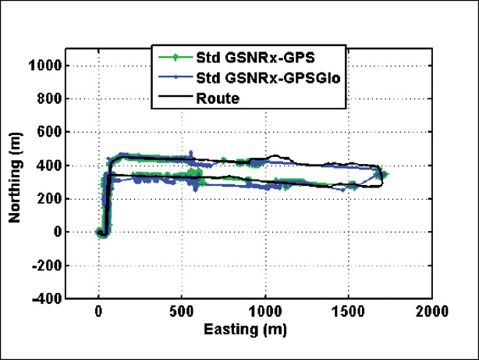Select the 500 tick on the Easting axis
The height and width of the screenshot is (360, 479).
(182, 312)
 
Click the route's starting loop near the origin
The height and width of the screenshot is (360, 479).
(101, 231)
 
